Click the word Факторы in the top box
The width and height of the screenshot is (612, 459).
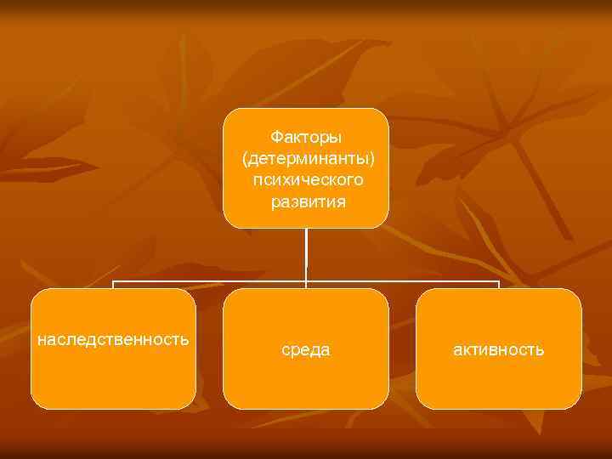[x=305, y=136]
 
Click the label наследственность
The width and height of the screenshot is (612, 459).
[x=113, y=339]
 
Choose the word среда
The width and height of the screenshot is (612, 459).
[x=305, y=349]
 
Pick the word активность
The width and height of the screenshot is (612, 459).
[x=499, y=349]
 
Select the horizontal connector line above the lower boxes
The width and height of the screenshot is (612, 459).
[x=212, y=281]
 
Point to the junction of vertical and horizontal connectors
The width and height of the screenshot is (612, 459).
[x=306, y=281]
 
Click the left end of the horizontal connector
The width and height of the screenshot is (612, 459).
[x=114, y=282]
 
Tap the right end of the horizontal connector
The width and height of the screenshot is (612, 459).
[x=499, y=282]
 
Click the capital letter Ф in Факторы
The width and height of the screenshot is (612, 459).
[x=275, y=136]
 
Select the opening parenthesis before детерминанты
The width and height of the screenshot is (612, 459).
[x=244, y=159]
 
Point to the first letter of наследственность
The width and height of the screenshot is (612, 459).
[x=41, y=340]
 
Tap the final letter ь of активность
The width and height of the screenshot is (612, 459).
[x=541, y=349]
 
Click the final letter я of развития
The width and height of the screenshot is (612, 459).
[x=342, y=202]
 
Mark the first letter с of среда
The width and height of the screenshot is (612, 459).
[x=286, y=350]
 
